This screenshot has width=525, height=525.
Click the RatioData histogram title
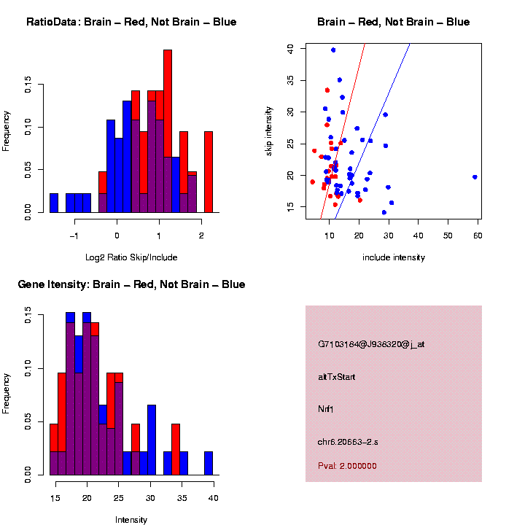131,23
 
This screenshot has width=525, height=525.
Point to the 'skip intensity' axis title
269,129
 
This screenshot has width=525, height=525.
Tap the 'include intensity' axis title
394,257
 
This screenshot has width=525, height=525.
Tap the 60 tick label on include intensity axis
478,234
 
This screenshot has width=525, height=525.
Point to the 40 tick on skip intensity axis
290,48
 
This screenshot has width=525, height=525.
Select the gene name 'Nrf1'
325,409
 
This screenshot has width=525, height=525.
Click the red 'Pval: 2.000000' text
348,465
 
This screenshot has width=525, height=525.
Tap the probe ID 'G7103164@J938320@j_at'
371,344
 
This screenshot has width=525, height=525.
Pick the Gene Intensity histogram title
131,284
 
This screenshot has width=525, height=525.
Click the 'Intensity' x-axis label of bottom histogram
131,520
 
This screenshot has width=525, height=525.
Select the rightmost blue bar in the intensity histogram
209,463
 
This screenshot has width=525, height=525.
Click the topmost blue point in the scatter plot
333,50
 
